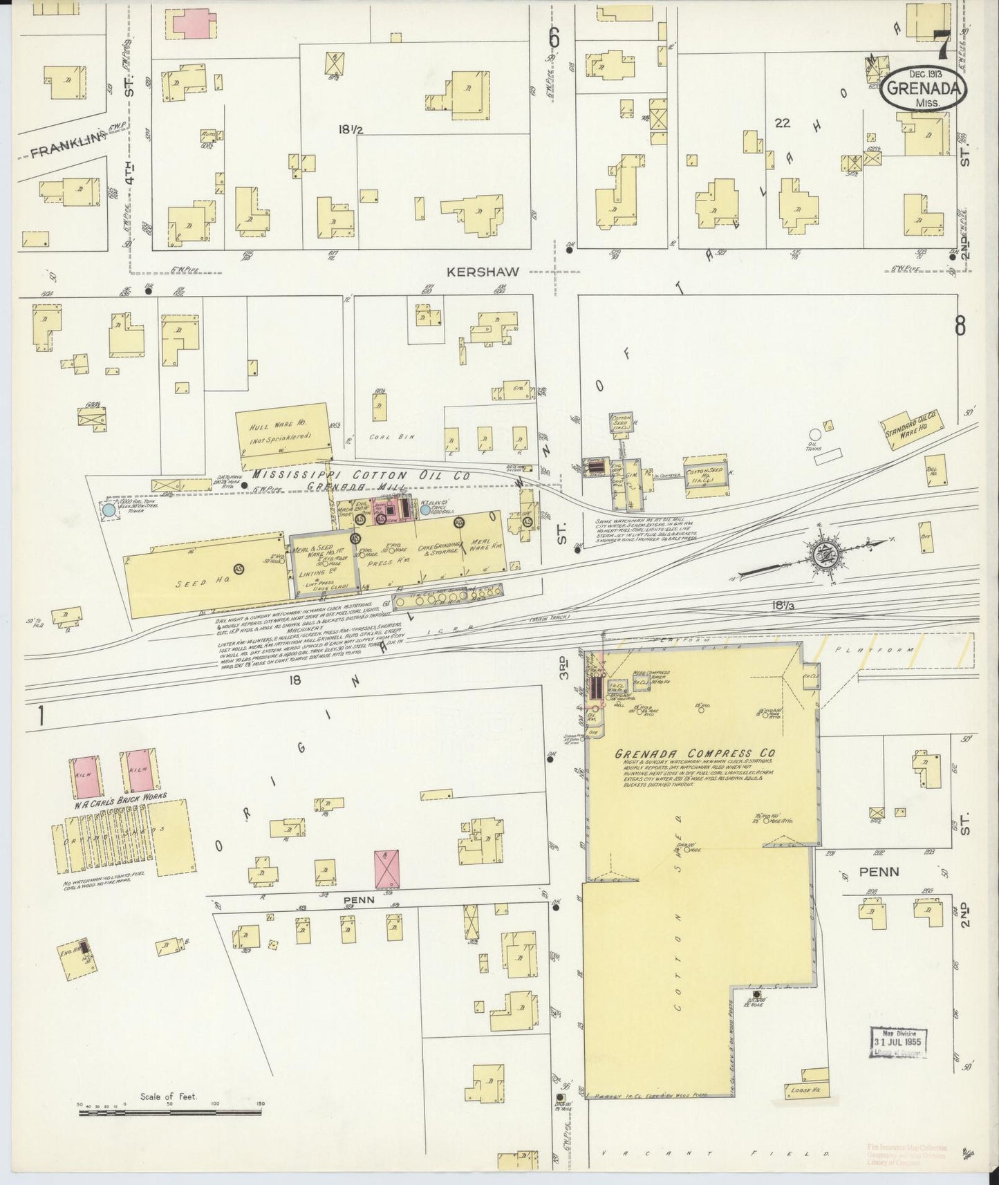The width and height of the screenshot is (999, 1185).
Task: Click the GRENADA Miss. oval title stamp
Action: click(924, 88)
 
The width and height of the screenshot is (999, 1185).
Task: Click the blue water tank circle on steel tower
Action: click(109, 510)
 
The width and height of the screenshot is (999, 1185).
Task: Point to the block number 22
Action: click(783, 124)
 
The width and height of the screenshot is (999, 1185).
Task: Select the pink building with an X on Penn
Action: click(387, 870)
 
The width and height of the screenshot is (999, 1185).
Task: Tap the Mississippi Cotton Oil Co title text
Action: click(361, 476)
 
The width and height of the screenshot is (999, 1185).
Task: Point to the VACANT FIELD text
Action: click(712, 1153)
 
